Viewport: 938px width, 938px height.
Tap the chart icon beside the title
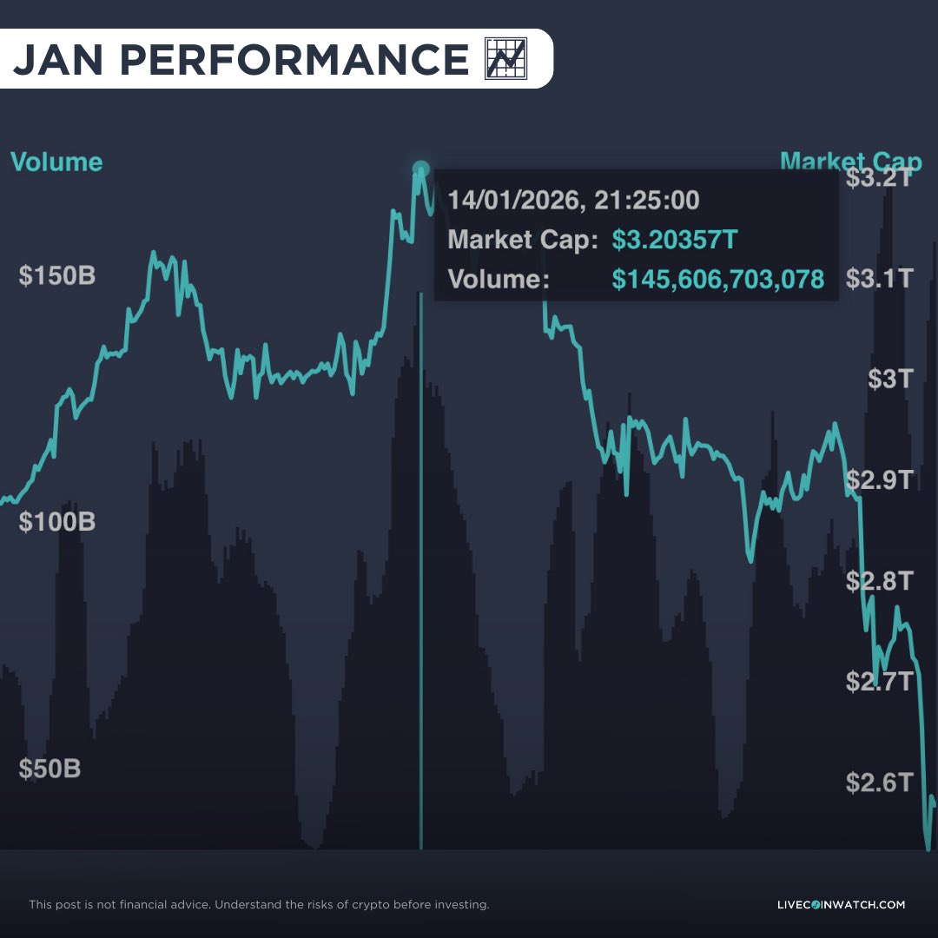[505, 59]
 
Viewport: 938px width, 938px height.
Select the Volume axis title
[56, 162]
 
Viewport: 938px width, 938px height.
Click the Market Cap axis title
[850, 162]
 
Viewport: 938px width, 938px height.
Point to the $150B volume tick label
[57, 276]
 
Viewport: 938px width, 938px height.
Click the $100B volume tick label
[57, 522]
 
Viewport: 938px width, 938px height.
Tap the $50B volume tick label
[50, 769]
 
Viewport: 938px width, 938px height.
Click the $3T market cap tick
[890, 379]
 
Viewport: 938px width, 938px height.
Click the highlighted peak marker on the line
[421, 168]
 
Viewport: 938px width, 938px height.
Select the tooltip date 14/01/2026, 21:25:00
[573, 201]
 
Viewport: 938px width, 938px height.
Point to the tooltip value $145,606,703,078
[717, 279]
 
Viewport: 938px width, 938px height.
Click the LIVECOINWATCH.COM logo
[841, 904]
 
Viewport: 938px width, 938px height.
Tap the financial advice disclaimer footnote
[259, 904]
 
